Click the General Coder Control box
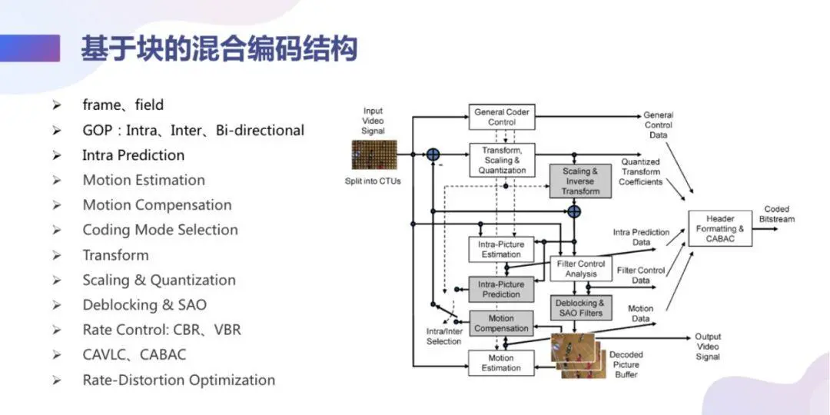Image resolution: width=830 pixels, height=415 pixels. click(502, 117)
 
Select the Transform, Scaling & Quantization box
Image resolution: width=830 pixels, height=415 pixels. click(502, 160)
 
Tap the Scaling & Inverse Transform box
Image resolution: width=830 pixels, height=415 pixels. click(580, 181)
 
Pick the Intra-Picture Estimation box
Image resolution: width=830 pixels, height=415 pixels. click(502, 249)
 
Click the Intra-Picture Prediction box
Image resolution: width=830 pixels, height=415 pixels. click(502, 289)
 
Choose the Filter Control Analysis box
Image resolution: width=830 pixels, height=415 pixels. click(581, 268)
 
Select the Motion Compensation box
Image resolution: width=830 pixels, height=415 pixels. click(502, 324)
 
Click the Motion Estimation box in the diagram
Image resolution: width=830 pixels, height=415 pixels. click(502, 363)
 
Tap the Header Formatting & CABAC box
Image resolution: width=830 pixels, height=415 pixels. click(720, 228)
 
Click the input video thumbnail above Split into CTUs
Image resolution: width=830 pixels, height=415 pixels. click(374, 154)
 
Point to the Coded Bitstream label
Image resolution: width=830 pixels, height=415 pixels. click(776, 214)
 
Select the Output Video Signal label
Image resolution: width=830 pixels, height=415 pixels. click(708, 347)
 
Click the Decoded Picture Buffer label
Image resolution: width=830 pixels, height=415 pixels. click(627, 365)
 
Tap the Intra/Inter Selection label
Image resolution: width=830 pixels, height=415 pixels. click(444, 336)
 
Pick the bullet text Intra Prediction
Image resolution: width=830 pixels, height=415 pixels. click(134, 155)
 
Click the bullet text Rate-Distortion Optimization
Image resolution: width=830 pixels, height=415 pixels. click(179, 380)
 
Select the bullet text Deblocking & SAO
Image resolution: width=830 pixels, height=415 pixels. click(144, 305)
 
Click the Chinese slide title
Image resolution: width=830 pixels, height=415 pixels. click(219, 48)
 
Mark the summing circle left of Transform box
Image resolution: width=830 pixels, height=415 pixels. click(433, 154)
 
